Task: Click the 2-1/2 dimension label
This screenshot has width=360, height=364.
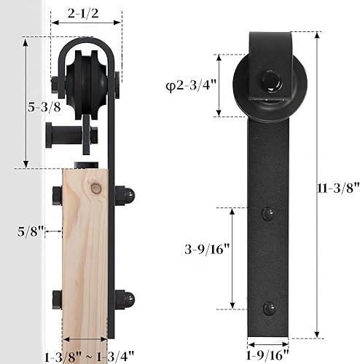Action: coord(82,12)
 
